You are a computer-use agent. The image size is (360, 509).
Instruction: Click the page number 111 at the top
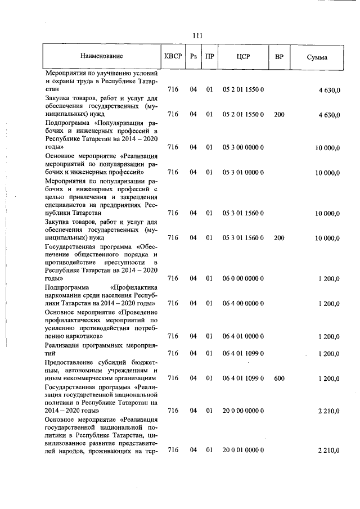coord(197,36)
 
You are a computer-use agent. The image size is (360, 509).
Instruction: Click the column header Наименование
coord(101,56)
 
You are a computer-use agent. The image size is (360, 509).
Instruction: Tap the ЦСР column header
coord(244,56)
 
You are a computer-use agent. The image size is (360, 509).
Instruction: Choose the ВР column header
coord(279,56)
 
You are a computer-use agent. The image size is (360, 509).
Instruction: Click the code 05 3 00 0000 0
coord(244,147)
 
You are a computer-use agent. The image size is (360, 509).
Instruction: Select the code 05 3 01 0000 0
coord(244,172)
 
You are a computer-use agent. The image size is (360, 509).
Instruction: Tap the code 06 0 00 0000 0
coord(244,278)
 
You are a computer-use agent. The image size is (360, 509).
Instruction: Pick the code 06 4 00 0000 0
coord(244,304)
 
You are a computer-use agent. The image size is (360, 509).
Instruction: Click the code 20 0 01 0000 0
coord(244,450)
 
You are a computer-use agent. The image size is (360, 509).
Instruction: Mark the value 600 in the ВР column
coord(279,379)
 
